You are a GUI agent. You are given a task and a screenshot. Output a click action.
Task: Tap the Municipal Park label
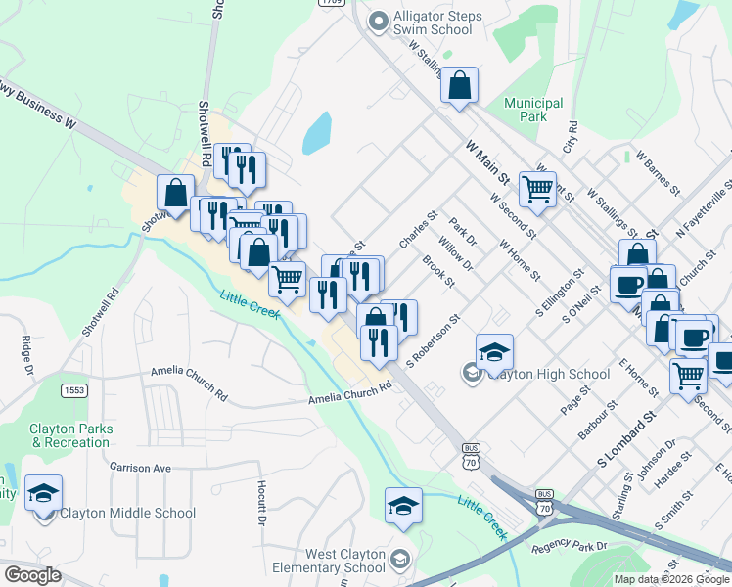click(x=533, y=110)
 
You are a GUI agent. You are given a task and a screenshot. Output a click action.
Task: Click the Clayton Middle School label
click(x=126, y=513)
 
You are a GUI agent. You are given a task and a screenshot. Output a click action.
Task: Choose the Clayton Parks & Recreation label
click(x=70, y=435)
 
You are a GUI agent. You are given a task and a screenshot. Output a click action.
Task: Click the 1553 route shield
click(x=73, y=391)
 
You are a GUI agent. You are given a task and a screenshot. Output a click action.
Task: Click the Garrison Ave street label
click(x=140, y=468)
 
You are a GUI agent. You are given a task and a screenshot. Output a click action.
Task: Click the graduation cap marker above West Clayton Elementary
click(x=403, y=506)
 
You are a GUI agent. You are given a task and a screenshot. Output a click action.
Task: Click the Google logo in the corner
click(x=32, y=575)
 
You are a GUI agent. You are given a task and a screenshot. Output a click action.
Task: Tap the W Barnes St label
click(x=656, y=168)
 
